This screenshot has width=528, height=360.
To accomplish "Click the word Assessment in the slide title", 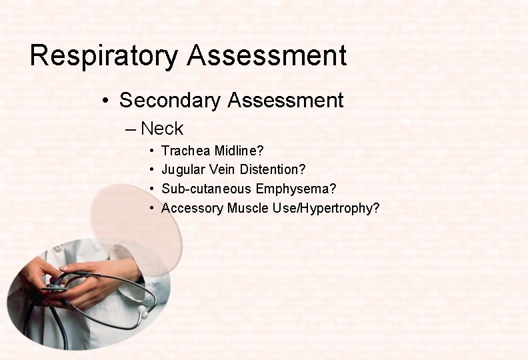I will point(267,56).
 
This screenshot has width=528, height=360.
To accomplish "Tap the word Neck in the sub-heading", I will point(162,128).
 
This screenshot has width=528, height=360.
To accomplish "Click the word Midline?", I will point(239,151).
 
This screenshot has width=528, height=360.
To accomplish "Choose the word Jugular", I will point(183,170).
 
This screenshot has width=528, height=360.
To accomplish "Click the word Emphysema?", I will point(296,189).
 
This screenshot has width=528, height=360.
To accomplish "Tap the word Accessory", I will point(192,208).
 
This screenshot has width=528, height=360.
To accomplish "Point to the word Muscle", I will point(247,208).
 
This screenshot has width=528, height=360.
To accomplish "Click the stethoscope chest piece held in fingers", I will point(57,288).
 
